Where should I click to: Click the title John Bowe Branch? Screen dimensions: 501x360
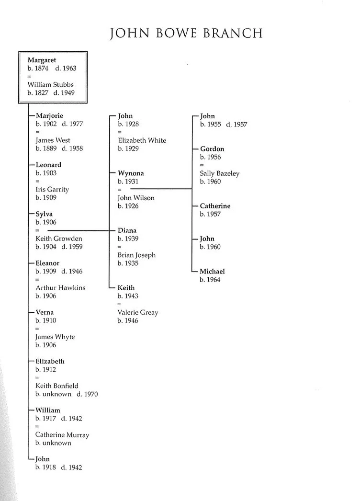186,34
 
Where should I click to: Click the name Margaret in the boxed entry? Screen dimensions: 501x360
42,60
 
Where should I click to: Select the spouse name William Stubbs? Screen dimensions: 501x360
50,85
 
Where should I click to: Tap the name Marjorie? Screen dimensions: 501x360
49,116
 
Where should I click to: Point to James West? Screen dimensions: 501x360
53,140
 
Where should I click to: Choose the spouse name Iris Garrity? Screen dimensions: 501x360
52,189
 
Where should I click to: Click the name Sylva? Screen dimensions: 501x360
44,214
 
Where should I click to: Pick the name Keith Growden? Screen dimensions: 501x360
59,239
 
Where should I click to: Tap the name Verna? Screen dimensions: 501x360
45,312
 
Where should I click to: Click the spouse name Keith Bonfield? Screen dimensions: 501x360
57,386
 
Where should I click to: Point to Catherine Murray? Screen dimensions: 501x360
62,435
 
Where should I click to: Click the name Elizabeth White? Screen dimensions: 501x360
142,140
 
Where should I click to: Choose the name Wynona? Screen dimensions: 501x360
131,173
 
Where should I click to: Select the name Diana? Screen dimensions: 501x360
127,230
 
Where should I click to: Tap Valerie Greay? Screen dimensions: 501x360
138,312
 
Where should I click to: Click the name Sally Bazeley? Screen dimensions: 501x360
219,173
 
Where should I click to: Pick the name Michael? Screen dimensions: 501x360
212,272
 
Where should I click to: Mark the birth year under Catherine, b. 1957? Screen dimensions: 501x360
210,214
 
